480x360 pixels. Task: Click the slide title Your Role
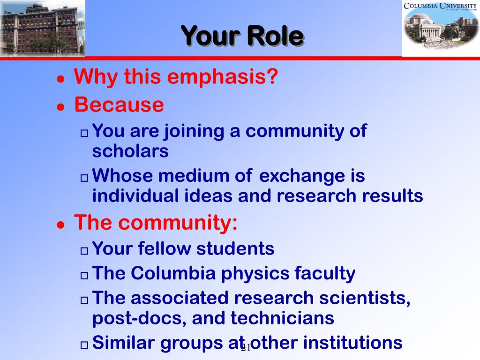tap(242, 36)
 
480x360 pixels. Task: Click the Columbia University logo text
tap(440, 6)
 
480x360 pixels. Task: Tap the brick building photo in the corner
tap(42, 28)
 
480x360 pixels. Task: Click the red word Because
tap(119, 105)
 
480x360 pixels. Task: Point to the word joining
tap(195, 132)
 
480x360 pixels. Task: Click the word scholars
tap(130, 151)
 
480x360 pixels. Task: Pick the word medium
tap(194, 176)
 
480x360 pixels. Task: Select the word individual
tap(135, 196)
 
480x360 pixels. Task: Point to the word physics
tap(255, 274)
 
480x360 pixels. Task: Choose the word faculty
tap(325, 274)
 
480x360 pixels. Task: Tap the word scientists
tap(365, 298)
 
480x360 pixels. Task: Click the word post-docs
tap(139, 318)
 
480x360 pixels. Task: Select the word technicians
tap(282, 318)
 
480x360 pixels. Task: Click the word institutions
tap(352, 342)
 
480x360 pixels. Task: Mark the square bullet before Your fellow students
tap(84, 251)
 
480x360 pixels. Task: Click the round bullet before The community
tap(60, 225)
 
